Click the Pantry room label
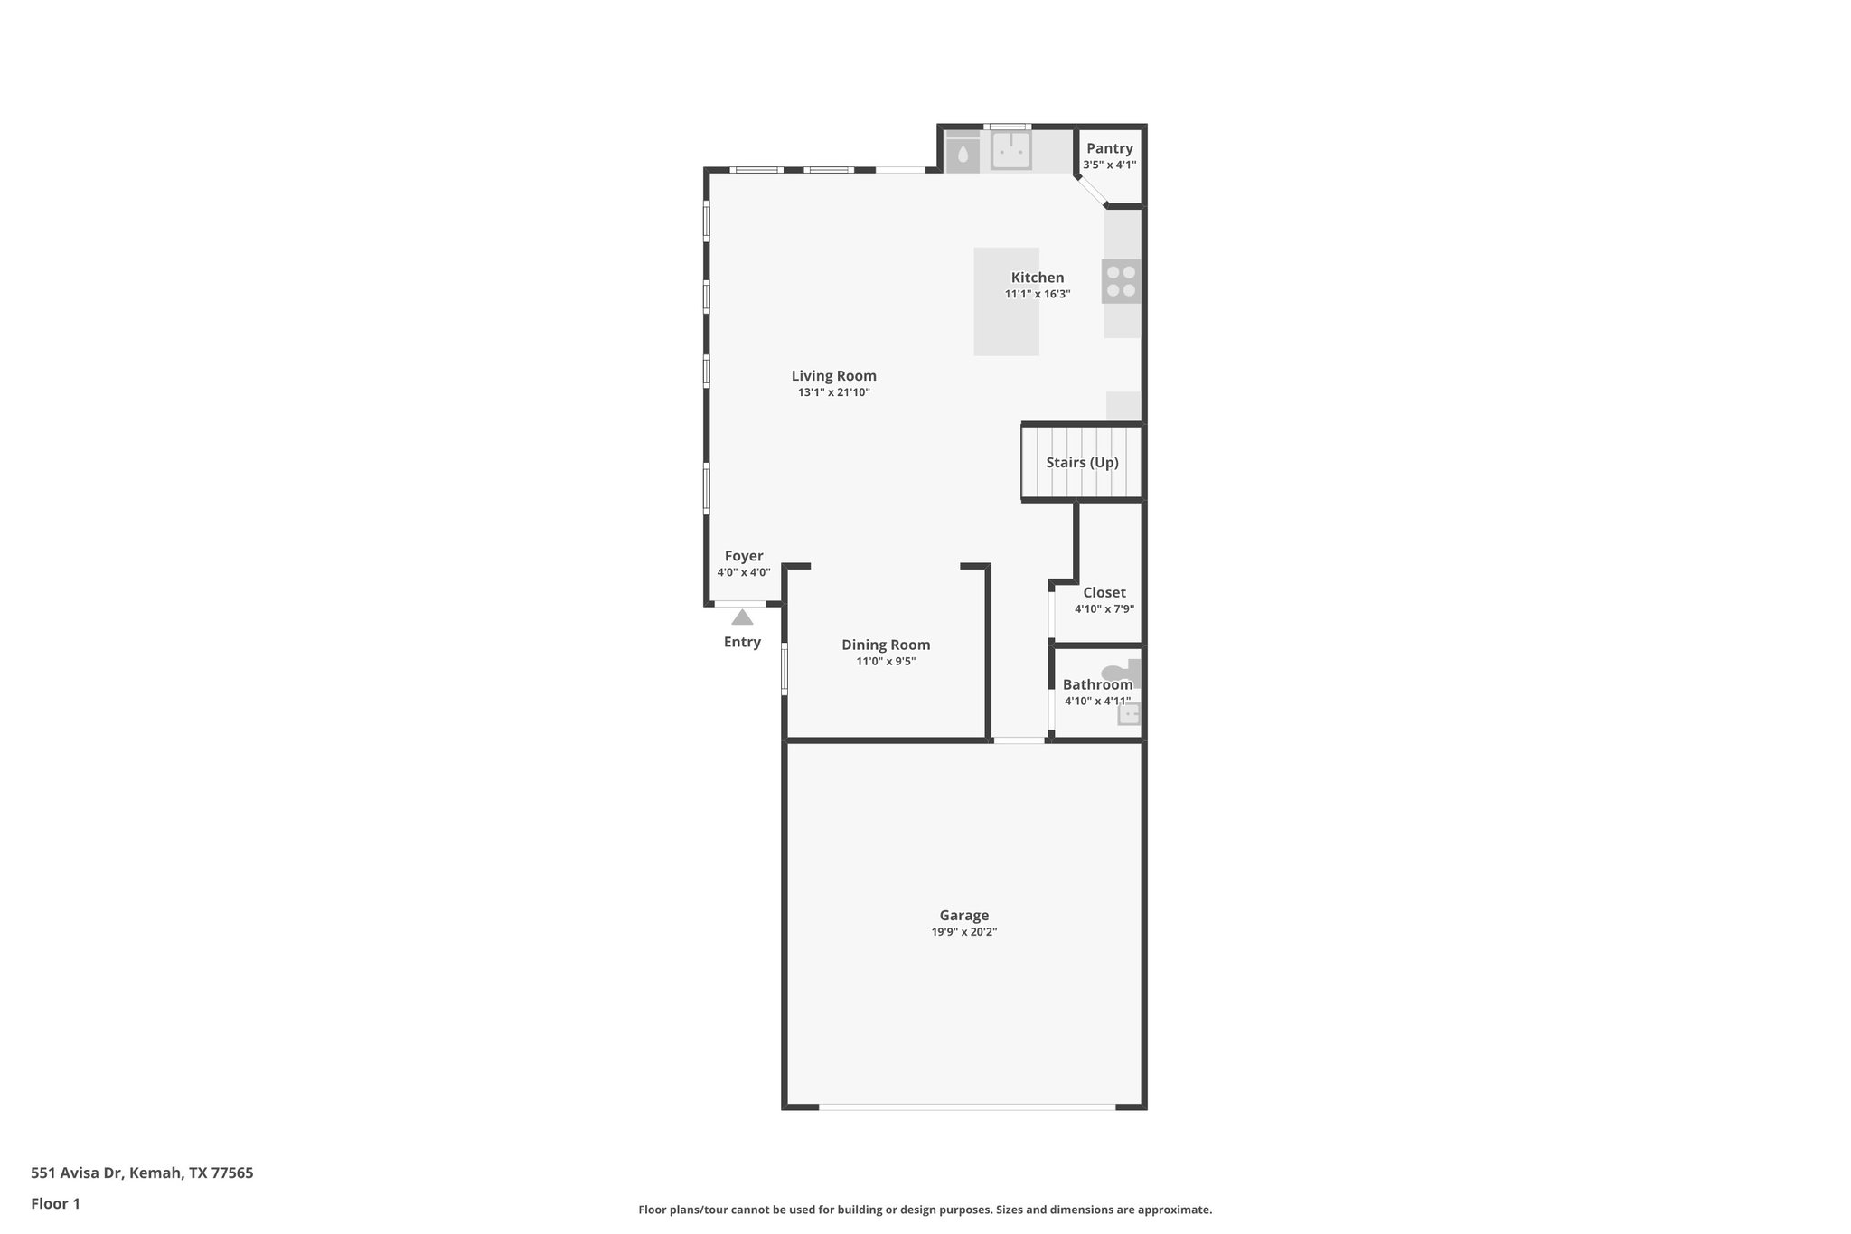1109,149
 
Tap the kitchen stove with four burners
1121,280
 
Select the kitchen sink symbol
1010,151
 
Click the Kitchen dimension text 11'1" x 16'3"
1038,295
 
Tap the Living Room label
833,376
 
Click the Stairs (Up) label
1082,463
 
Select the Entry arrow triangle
742,617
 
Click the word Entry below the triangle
742,643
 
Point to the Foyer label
744,557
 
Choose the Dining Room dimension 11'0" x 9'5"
886,662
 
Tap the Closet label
1104,593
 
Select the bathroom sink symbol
1129,714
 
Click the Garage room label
963,916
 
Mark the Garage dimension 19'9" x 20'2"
963,932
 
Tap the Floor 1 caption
55,1204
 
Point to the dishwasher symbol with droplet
963,154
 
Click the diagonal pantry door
1092,191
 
